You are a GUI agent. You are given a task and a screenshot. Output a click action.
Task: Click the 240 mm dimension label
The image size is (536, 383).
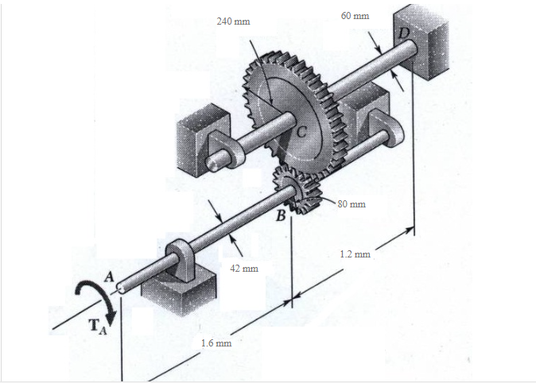click(233, 22)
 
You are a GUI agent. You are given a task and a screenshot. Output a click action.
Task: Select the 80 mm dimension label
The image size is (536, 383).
click(352, 204)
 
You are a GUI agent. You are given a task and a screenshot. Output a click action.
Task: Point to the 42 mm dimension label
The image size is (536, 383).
click(244, 269)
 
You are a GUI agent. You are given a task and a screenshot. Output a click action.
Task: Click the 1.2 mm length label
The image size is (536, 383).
click(355, 254)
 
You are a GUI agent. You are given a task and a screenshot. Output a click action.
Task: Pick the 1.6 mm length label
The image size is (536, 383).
click(216, 343)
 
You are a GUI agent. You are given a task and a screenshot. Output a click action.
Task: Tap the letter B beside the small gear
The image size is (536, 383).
click(281, 215)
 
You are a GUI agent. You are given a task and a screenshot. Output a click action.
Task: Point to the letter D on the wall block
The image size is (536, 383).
click(404, 32)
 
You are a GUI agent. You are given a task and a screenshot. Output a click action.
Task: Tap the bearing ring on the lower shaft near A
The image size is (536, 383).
click(177, 258)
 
